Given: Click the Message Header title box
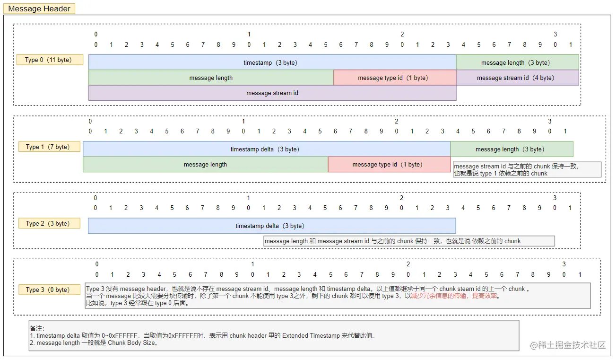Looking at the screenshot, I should [x=39, y=9].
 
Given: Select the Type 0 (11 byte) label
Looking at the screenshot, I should [x=50, y=60].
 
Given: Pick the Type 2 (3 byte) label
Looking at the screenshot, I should [x=49, y=223].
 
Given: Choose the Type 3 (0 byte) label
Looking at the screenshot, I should [x=49, y=290].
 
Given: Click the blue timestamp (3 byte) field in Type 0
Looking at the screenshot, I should [x=272, y=62].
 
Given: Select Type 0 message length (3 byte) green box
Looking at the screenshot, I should [x=517, y=62].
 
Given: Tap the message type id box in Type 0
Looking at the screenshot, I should [x=394, y=78].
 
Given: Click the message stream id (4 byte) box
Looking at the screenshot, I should [x=517, y=78].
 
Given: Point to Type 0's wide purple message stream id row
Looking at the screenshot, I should [x=272, y=93].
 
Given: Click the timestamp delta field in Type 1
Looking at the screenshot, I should [x=266, y=149].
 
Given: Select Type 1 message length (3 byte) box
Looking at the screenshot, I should [x=512, y=149].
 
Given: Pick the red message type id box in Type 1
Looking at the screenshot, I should [x=389, y=164].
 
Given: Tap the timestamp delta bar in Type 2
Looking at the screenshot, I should [x=271, y=226].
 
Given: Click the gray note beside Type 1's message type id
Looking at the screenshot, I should [x=527, y=169].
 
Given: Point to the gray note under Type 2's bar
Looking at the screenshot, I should [x=409, y=241].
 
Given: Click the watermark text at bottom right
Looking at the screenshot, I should [x=567, y=345].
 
